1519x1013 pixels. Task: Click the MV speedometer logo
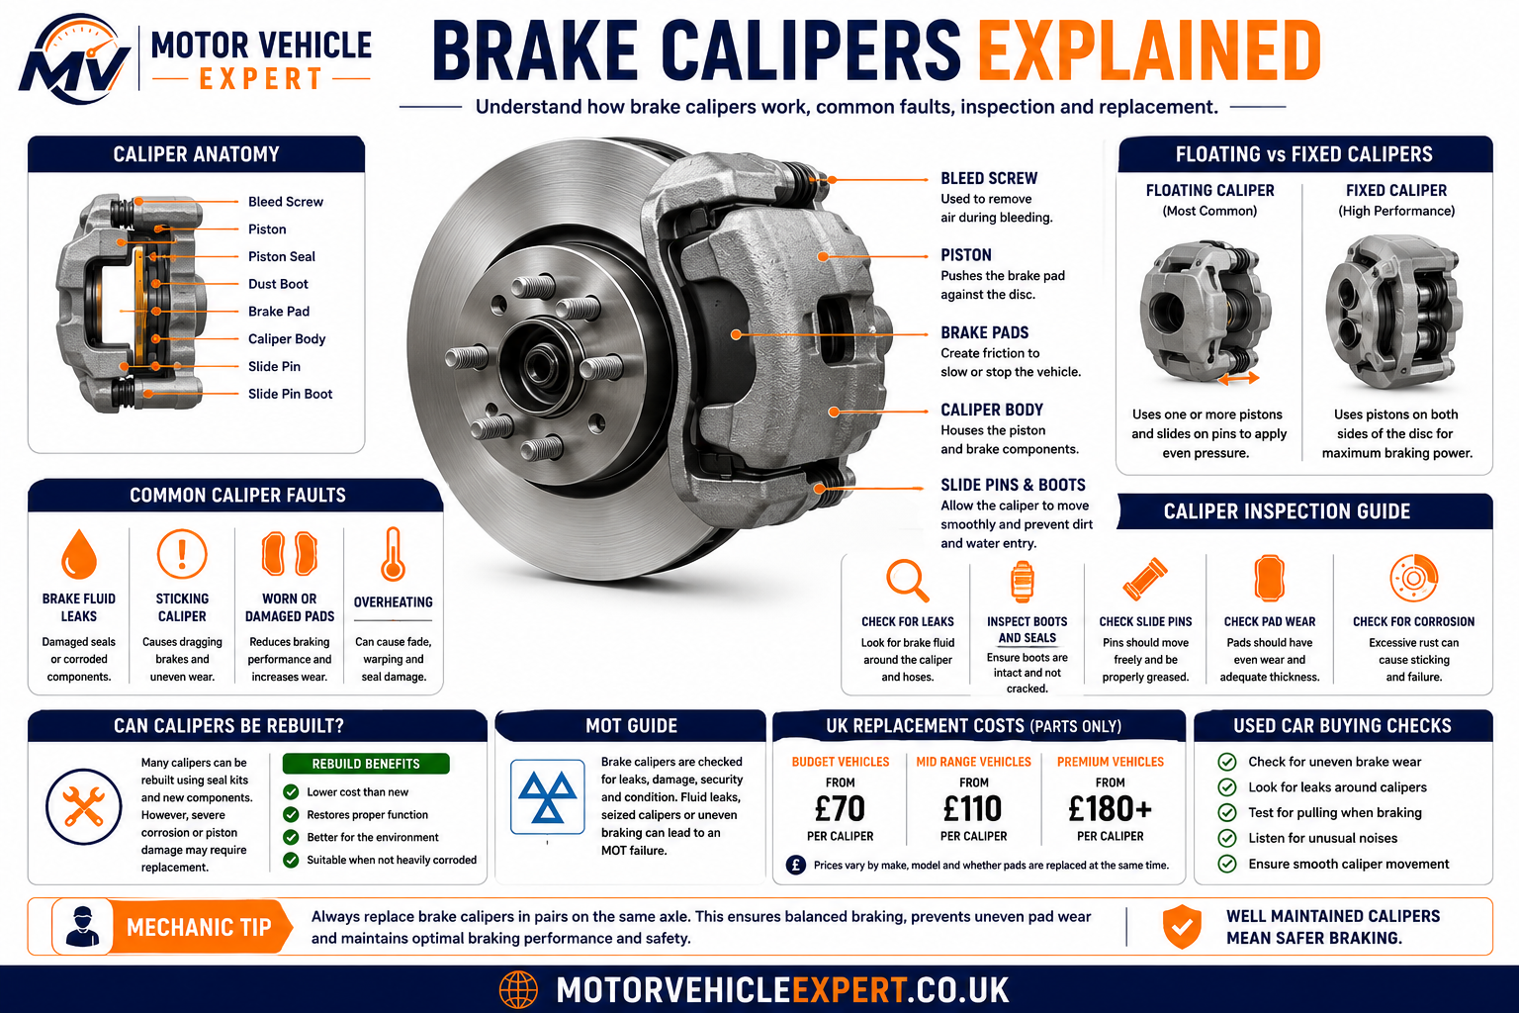click(74, 59)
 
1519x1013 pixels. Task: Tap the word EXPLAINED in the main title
click(1149, 50)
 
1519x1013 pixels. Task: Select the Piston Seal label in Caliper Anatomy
click(282, 256)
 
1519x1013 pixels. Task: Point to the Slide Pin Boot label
click(290, 394)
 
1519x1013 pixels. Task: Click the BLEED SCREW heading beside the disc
click(989, 178)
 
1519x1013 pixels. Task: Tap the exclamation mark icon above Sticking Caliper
click(182, 554)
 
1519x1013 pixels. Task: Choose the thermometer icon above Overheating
click(393, 554)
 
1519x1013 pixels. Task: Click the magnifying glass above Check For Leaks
click(907, 580)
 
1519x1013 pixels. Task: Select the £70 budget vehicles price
click(840, 809)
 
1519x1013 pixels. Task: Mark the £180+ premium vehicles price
click(1111, 809)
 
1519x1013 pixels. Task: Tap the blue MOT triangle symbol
click(547, 796)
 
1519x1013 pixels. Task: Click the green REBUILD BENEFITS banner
click(366, 764)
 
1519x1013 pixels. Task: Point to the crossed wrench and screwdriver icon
click(83, 806)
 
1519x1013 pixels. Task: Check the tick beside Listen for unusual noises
click(1226, 838)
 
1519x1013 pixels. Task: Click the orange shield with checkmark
click(1182, 926)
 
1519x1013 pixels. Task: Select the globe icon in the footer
click(519, 990)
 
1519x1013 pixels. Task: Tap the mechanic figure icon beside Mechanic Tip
click(83, 926)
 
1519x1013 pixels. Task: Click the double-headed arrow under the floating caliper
click(1238, 379)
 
